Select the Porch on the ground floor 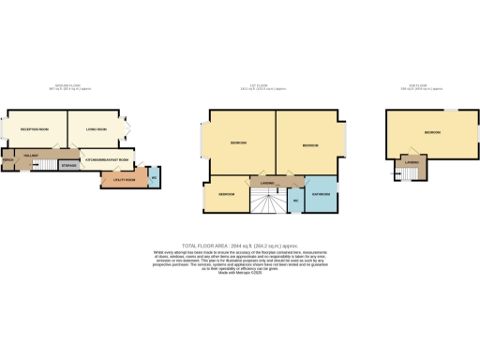(8, 160)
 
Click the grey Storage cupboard (67, 165)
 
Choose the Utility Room (123, 177)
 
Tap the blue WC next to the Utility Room (154, 176)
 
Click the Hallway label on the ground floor (29, 152)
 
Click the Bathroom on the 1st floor (319, 194)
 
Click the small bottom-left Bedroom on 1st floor (226, 195)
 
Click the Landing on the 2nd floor (411, 163)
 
